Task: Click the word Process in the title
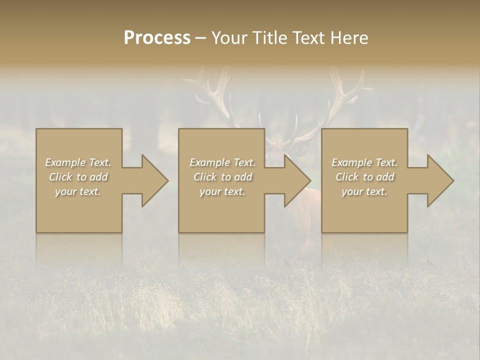pyautogui.click(x=157, y=38)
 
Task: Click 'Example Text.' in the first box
pyautogui.click(x=78, y=162)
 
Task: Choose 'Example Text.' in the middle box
pyautogui.click(x=222, y=162)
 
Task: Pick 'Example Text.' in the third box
pyautogui.click(x=364, y=162)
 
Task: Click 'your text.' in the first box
pyautogui.click(x=78, y=191)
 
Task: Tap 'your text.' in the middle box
pyautogui.click(x=222, y=191)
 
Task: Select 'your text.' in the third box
pyautogui.click(x=364, y=191)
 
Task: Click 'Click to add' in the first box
pyautogui.click(x=78, y=177)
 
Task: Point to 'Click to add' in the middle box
pyautogui.click(x=222, y=177)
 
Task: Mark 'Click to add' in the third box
pyautogui.click(x=364, y=177)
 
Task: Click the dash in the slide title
pyautogui.click(x=200, y=38)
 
